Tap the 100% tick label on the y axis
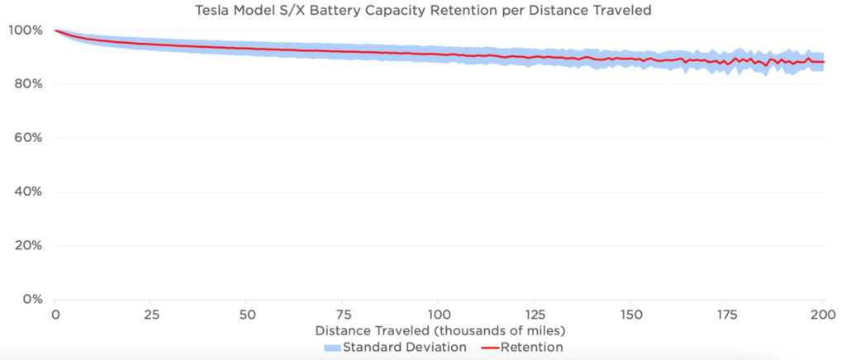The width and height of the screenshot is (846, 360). (23, 31)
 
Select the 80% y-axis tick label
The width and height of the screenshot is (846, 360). (26, 84)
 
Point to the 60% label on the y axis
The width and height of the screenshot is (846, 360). (26, 138)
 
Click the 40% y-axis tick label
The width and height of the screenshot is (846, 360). (26, 192)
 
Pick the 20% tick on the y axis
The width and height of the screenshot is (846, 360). (26, 245)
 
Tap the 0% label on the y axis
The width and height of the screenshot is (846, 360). (30, 299)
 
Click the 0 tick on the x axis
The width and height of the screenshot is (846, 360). (55, 315)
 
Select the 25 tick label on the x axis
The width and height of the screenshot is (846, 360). (150, 315)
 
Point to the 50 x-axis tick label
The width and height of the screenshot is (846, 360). (246, 315)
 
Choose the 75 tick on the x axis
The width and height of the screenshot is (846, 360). (343, 315)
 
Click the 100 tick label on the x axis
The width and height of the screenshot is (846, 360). (439, 315)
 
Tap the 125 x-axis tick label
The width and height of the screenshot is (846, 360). (535, 315)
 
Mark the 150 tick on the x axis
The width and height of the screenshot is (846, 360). (630, 315)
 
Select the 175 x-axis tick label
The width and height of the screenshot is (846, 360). (727, 315)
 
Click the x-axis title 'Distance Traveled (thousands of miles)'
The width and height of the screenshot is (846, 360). (439, 330)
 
